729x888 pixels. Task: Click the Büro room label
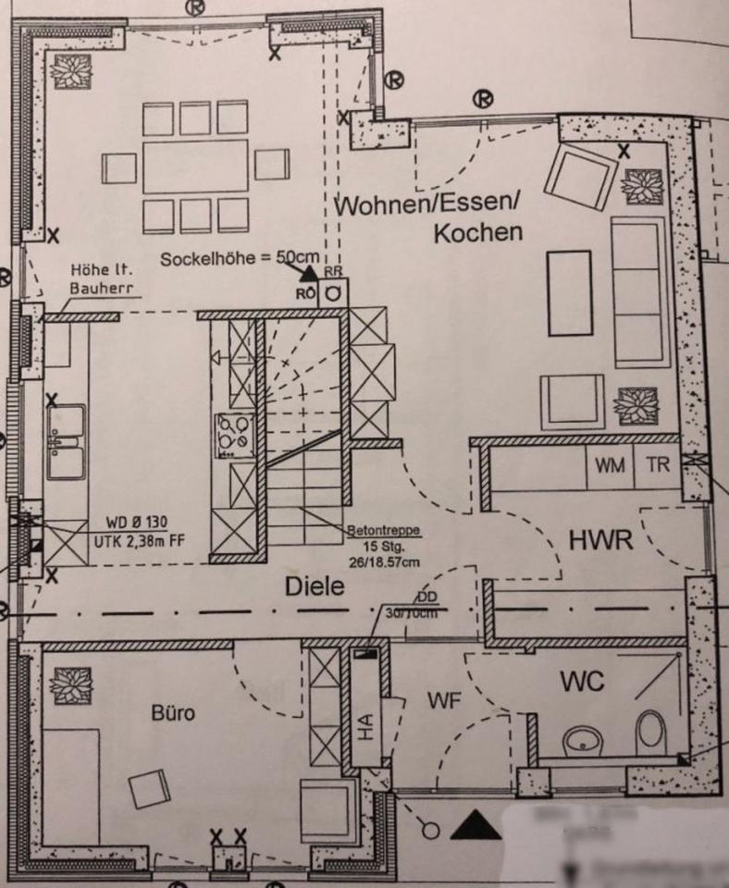pos(173,714)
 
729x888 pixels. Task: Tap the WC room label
pos(583,683)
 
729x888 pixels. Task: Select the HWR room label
pos(600,541)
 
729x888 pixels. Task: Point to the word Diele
pos(314,586)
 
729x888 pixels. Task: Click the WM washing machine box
pos(610,466)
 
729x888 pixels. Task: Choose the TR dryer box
pos(657,466)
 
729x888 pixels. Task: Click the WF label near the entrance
pos(444,700)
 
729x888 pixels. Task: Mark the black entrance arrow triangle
pos(476,824)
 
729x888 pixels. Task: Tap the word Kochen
pos(478,232)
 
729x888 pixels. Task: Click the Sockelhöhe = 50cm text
pos(240,259)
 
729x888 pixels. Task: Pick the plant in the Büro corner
pos(70,685)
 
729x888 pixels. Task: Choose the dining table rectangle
pos(195,166)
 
